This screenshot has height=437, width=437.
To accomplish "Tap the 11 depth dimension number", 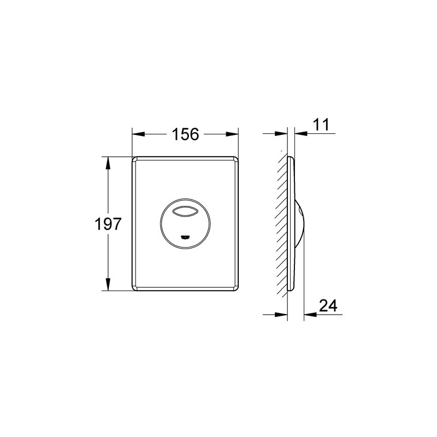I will [321, 124].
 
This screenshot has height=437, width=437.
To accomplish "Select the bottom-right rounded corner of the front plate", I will [235, 287].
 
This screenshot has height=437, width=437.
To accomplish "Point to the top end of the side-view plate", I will [291, 157].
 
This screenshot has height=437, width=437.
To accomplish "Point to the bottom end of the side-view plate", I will [291, 290].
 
